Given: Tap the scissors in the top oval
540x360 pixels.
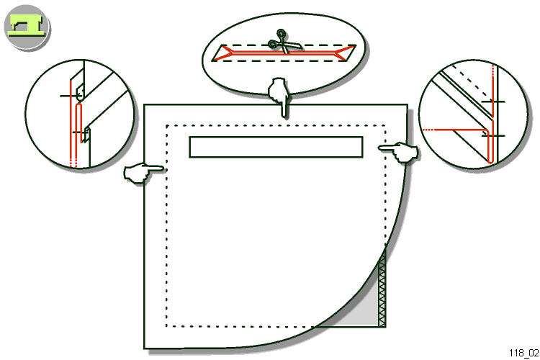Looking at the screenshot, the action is pyautogui.click(x=284, y=42).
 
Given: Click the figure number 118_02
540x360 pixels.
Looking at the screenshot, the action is pyautogui.click(x=523, y=353).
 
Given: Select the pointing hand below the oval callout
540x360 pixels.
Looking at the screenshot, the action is pyautogui.click(x=279, y=96).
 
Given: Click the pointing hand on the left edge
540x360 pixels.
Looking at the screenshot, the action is pyautogui.click(x=143, y=172).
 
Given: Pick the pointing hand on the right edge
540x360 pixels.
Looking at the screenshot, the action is pyautogui.click(x=400, y=152).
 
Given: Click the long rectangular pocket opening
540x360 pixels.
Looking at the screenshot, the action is pyautogui.click(x=276, y=147).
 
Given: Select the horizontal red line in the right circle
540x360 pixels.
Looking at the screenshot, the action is pyautogui.click(x=455, y=130).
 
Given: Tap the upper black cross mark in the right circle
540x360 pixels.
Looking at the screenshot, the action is pyautogui.click(x=492, y=102).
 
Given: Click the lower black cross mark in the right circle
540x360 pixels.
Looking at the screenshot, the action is pyautogui.click(x=493, y=136).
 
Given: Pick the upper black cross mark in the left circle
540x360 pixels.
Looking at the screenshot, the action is pyautogui.click(x=71, y=96).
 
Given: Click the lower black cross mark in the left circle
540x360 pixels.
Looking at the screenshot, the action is pyautogui.click(x=81, y=132).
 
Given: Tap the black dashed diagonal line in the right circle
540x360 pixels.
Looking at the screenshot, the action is pyautogui.click(x=472, y=81).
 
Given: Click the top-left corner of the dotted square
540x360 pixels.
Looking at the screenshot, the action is pyautogui.click(x=167, y=126).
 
